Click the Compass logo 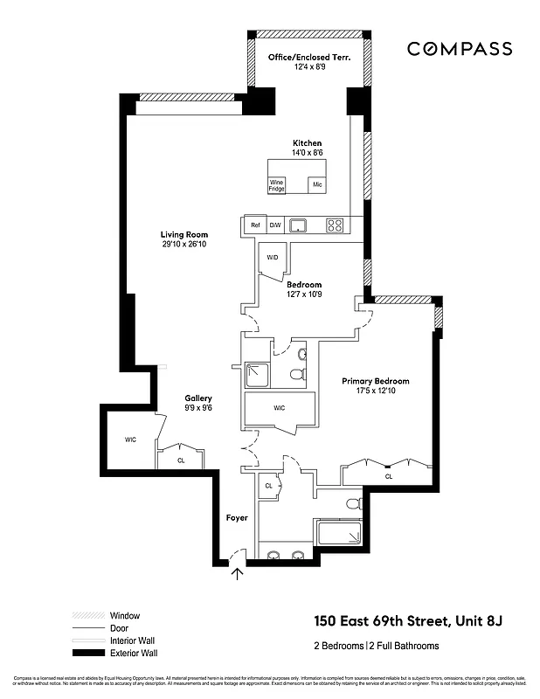[x=460, y=49]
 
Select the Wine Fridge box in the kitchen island [x=277, y=185]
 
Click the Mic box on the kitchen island [x=317, y=185]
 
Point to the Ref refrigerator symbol [x=255, y=225]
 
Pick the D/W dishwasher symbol [x=275, y=225]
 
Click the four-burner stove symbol [x=335, y=225]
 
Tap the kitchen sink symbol [x=299, y=225]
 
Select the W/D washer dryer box [x=272, y=258]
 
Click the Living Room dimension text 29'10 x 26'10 [x=183, y=245]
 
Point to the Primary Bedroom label [x=375, y=381]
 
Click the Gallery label [x=198, y=398]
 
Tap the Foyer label [x=236, y=517]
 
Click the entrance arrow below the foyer [x=237, y=574]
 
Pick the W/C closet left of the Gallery [x=130, y=439]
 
